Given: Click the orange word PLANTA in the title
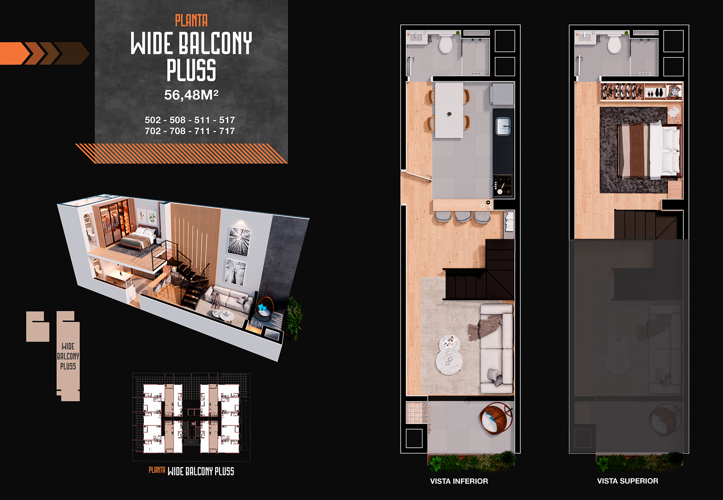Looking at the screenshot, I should (x=191, y=21).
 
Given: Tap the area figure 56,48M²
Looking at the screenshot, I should (x=191, y=95).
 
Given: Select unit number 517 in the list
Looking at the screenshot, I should (x=227, y=120).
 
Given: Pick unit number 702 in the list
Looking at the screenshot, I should (x=153, y=131).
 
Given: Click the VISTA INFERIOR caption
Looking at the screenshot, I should (x=459, y=481).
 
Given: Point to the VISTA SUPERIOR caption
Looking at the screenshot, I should (x=627, y=481).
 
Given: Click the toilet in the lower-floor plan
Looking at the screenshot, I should (x=446, y=44).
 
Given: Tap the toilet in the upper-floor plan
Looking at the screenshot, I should (x=614, y=44).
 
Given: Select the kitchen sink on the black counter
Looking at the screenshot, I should (x=503, y=126).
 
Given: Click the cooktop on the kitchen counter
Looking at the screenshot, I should (x=503, y=185).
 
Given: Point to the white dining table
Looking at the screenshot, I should (x=449, y=110).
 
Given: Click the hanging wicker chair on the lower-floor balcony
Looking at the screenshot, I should (x=496, y=418).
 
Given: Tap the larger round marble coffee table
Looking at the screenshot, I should (x=449, y=361).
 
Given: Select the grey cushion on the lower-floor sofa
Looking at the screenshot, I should (x=494, y=376).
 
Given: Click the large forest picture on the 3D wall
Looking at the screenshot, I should (x=239, y=242).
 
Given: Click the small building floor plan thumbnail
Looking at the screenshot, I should (x=191, y=417).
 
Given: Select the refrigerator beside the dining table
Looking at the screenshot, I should (x=502, y=94).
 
